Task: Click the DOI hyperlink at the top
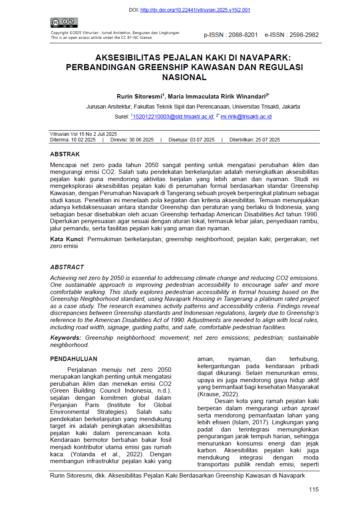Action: click(195, 10)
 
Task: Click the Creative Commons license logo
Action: click(64, 23)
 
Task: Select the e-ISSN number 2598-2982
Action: click(303, 35)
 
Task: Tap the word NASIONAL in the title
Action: click(184, 77)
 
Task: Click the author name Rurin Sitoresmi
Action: click(139, 97)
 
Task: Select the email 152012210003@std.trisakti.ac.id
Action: click(173, 117)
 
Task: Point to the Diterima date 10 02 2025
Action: click(83, 140)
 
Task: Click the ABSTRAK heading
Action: click(65, 154)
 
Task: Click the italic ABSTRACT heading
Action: click(67, 267)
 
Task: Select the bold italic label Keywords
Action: click(66, 338)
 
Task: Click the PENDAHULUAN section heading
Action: click(73, 359)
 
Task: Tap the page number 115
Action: click(314, 490)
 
